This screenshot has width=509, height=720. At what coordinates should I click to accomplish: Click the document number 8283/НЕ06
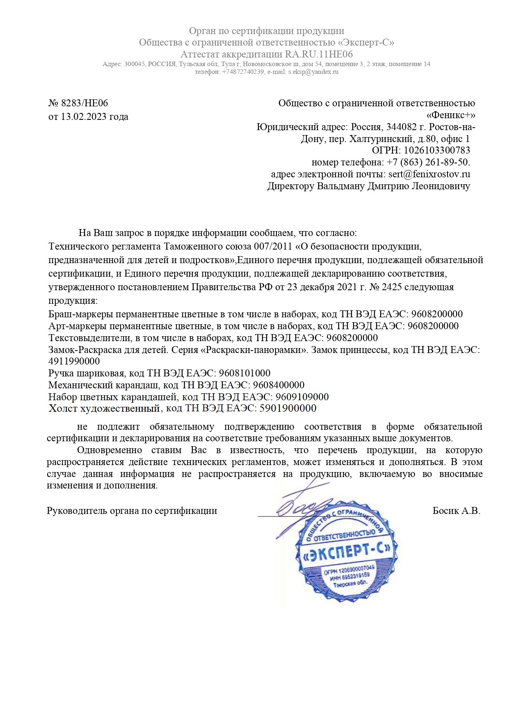tap(84, 103)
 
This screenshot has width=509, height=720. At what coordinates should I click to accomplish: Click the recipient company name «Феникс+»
tap(451, 115)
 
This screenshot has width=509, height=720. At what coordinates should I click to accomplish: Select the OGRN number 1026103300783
tap(437, 150)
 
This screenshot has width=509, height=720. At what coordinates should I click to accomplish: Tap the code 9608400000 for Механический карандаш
tap(278, 385)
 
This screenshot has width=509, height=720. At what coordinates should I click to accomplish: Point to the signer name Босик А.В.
tap(456, 511)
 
